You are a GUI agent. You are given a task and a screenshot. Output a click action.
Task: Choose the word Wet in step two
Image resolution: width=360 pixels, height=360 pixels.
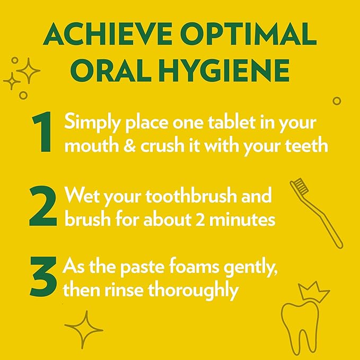click(81, 197)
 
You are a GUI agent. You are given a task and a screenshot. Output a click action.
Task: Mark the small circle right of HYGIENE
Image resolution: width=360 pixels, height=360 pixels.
click(336, 100)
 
